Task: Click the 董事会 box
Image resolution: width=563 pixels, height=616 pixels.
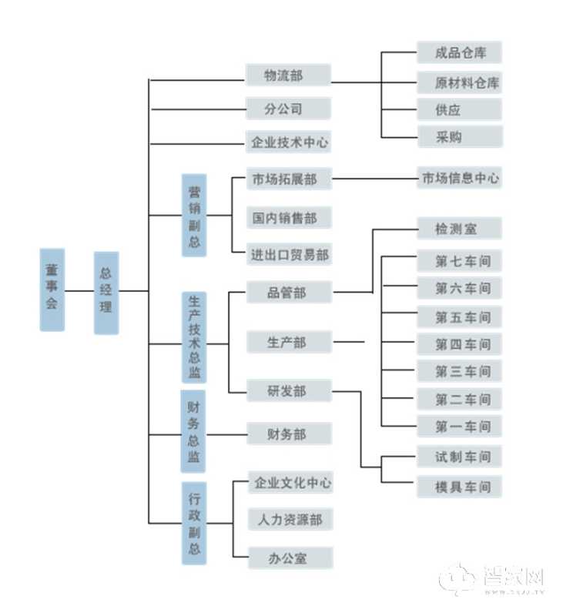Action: pyautogui.click(x=52, y=290)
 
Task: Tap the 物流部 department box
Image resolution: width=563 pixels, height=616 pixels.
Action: pyautogui.click(x=288, y=75)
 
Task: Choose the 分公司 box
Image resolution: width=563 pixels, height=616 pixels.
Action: pyautogui.click(x=288, y=109)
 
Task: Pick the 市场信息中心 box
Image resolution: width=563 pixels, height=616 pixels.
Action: pyautogui.click(x=460, y=179)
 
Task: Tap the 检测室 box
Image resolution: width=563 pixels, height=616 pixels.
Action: pyautogui.click(x=460, y=229)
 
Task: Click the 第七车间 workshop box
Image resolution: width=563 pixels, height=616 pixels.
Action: pyautogui.click(x=460, y=261)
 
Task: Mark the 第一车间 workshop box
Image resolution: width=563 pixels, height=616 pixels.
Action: pyautogui.click(x=460, y=427)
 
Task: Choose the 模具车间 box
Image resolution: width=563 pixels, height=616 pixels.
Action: pyautogui.click(x=460, y=487)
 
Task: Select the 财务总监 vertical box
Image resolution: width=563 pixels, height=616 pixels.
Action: pyautogui.click(x=194, y=432)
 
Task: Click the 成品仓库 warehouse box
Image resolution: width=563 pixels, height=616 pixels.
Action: pyautogui.click(x=460, y=53)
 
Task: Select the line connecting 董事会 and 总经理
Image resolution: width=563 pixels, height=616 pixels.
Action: pyautogui.click(x=79, y=291)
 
